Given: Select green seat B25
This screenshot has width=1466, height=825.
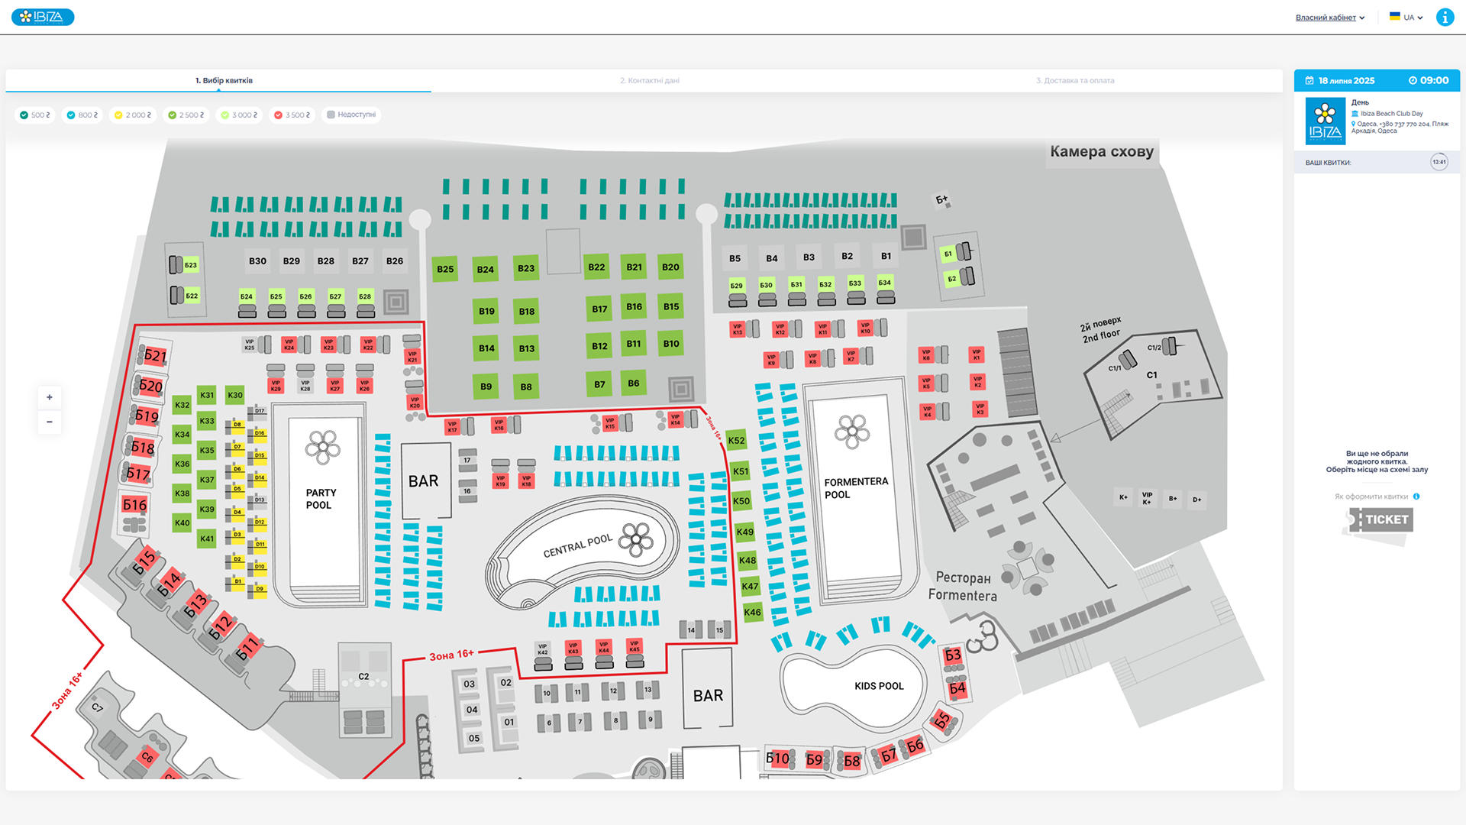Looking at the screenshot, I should (x=445, y=269).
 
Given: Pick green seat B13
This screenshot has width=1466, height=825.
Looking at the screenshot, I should (x=526, y=348).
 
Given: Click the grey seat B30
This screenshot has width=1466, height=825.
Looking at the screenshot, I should (x=257, y=261).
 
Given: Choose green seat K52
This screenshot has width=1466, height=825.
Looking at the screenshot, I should (x=736, y=440).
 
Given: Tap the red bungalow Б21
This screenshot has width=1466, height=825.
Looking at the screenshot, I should (x=155, y=355).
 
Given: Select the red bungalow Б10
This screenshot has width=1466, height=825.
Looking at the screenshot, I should (x=777, y=759).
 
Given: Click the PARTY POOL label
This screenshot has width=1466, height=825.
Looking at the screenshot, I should (x=321, y=499).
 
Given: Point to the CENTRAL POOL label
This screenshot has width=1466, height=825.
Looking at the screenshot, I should (x=577, y=545).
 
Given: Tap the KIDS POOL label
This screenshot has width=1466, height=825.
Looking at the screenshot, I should (x=879, y=686).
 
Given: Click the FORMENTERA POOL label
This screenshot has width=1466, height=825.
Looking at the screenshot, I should (x=855, y=488).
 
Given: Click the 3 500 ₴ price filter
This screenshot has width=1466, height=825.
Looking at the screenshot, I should (x=292, y=115).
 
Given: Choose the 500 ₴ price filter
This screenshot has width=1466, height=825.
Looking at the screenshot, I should (x=35, y=115).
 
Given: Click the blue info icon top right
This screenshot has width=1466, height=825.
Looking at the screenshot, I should (x=1445, y=18).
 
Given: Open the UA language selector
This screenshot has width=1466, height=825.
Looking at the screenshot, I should (x=1406, y=18).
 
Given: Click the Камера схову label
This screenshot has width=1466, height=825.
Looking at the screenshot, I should (x=1101, y=151).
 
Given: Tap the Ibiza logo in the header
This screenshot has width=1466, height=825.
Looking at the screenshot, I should (x=43, y=17).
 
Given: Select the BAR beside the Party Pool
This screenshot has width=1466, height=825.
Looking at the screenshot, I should (x=423, y=481).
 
